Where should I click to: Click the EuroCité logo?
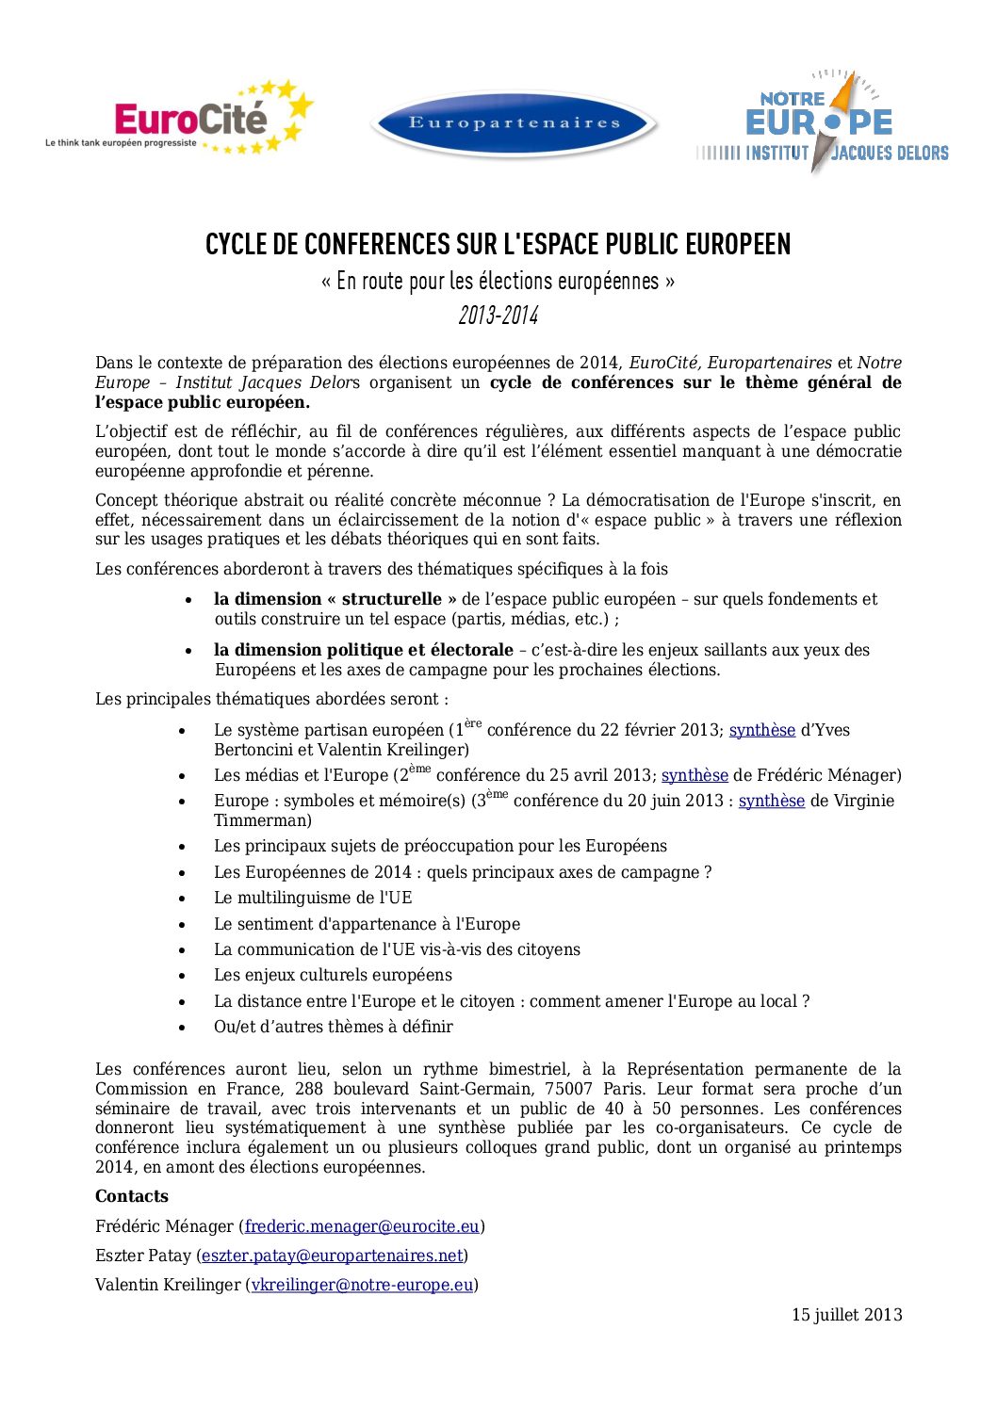click(x=179, y=121)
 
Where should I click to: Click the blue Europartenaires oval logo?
click(x=515, y=123)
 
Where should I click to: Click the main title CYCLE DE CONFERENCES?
click(x=498, y=245)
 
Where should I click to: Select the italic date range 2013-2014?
click(x=498, y=316)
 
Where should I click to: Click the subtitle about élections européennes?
click(x=498, y=281)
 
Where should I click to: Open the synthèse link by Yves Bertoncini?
click(x=761, y=731)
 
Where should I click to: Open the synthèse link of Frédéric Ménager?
click(x=695, y=776)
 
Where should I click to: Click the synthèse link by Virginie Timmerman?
click(x=771, y=802)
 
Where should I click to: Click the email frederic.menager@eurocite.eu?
click(x=362, y=1226)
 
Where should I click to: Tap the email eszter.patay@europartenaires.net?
click(x=332, y=1256)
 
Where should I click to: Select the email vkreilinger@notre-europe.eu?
click(x=362, y=1285)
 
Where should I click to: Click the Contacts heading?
click(x=132, y=1196)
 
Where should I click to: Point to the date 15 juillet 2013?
click(x=846, y=1315)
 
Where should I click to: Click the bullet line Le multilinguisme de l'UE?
click(x=313, y=898)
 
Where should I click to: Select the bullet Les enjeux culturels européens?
click(x=333, y=975)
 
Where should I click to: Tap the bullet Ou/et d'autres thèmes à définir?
click(x=333, y=1027)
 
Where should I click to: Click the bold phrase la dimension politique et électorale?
click(x=363, y=650)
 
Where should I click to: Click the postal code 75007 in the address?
click(x=568, y=1089)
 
